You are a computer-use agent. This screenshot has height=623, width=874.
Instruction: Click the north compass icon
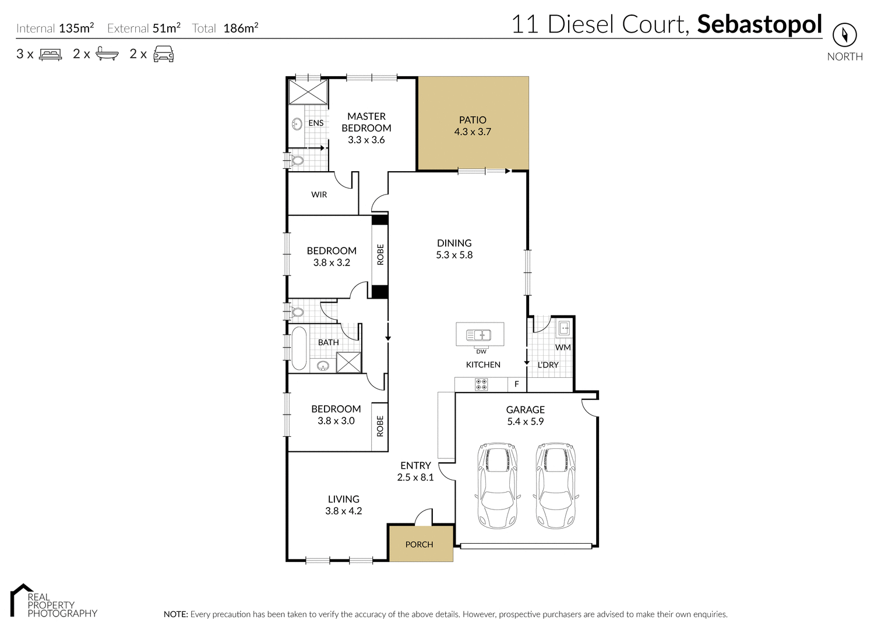pos(844,35)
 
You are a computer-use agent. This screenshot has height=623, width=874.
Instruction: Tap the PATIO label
pos(473,120)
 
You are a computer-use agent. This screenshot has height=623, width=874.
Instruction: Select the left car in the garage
pos(497,486)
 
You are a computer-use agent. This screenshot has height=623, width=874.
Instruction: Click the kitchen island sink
pos(479,335)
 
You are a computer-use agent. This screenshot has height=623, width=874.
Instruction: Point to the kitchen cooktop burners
pos(481,384)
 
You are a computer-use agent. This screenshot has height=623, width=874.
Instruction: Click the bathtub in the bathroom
pos(299,348)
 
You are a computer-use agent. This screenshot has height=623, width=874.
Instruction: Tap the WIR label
pos(319,194)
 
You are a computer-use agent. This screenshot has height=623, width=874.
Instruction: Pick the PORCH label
pos(419,544)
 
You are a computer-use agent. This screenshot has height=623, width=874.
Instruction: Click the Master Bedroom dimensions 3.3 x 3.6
pos(366,140)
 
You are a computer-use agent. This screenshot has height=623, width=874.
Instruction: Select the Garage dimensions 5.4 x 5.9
pos(525,422)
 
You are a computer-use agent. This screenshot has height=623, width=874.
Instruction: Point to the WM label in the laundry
pos(562,348)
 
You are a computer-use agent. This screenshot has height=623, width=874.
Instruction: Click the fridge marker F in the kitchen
pos(516,384)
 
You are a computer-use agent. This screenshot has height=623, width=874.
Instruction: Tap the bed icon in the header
pos(50,54)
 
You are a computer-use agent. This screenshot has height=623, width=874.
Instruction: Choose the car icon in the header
pos(163,54)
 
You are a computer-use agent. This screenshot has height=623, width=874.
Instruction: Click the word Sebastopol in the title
pos(759,24)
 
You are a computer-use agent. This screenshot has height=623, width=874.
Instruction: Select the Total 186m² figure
pos(240,28)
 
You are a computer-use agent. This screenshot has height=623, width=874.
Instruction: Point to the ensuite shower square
pos(309,92)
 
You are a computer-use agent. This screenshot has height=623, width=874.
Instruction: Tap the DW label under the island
pos(481,352)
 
